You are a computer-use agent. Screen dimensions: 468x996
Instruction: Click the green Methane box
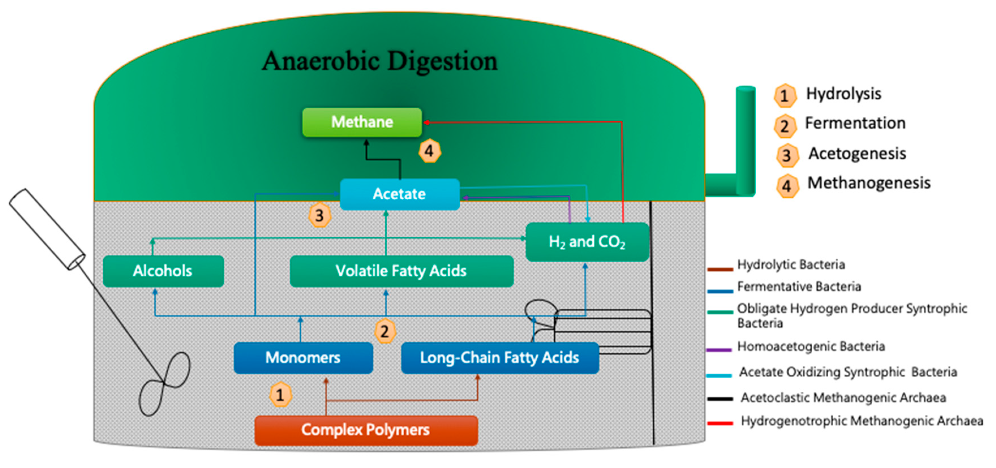(x=362, y=122)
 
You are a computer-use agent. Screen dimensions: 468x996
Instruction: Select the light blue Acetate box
(x=400, y=194)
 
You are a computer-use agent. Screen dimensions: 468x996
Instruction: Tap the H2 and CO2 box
(x=587, y=242)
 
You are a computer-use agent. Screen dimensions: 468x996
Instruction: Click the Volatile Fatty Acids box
(x=401, y=271)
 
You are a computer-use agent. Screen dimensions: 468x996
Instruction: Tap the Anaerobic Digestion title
(x=380, y=61)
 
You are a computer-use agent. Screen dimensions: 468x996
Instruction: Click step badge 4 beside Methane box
(x=429, y=151)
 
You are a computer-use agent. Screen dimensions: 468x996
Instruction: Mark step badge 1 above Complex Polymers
(x=280, y=394)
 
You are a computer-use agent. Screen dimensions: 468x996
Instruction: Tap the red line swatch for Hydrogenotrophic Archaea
(x=720, y=423)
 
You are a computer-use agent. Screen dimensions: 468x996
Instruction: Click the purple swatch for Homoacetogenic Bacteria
(x=720, y=350)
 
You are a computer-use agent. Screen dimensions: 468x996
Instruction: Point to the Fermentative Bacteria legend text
(x=799, y=287)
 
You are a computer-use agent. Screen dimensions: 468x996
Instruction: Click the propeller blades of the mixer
(x=164, y=383)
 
